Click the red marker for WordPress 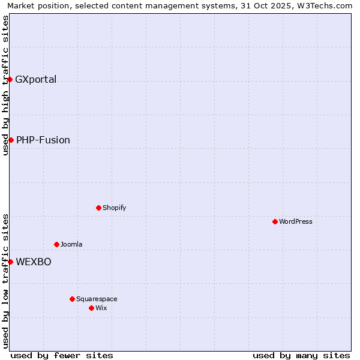click(x=275, y=221)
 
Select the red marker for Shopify click(x=98, y=208)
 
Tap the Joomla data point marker click(x=56, y=244)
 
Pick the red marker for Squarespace click(x=72, y=299)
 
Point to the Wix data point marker click(x=91, y=308)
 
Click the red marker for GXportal click(x=10, y=79)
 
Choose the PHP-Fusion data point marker click(x=11, y=140)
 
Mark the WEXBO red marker click(x=10, y=262)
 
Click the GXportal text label click(x=35, y=79)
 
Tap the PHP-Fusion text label click(x=43, y=140)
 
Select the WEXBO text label click(x=34, y=262)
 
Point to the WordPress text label click(x=296, y=221)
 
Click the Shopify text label click(x=114, y=208)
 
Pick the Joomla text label click(x=71, y=244)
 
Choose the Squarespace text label click(x=97, y=299)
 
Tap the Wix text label click(x=101, y=308)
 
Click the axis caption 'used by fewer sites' click(x=62, y=355)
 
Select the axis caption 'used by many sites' click(x=301, y=355)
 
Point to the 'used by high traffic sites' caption click(x=6, y=85)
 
